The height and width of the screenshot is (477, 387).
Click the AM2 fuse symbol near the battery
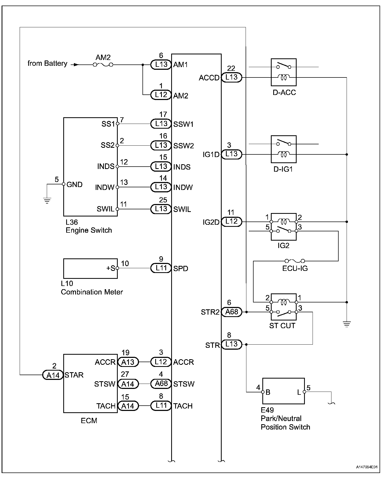tap(103, 64)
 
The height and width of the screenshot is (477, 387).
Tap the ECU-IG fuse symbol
tap(295, 261)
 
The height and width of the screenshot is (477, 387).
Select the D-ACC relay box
tap(284, 72)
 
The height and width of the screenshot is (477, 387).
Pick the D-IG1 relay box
tap(284, 149)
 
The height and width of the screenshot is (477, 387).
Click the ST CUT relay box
tap(284, 307)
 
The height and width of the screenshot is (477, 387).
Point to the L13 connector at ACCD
tap(232, 77)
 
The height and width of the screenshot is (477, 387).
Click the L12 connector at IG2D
tap(232, 222)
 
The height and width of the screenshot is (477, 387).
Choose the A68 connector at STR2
tap(232, 312)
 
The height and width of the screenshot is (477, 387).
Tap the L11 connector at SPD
tap(161, 268)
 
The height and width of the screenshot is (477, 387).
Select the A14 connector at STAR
tap(53, 375)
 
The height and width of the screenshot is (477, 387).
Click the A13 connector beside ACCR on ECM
tap(128, 362)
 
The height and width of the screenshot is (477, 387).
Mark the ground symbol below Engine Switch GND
tap(47, 201)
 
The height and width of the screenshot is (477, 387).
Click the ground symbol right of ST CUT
tap(347, 324)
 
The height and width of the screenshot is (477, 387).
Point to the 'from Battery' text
tap(47, 64)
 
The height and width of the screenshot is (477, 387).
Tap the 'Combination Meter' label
tap(92, 292)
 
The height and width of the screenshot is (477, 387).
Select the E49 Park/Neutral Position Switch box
tap(283, 391)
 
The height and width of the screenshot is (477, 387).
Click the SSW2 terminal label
tap(184, 146)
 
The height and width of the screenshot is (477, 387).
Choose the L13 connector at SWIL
tap(161, 209)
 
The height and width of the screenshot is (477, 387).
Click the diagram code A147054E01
tap(367, 467)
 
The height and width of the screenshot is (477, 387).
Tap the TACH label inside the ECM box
tap(106, 406)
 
